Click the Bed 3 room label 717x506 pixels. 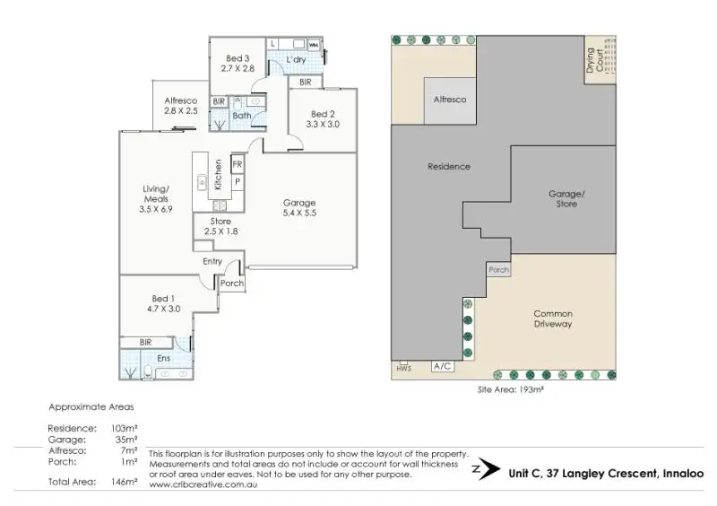coord(238,58)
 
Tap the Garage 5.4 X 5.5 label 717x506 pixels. coord(299,207)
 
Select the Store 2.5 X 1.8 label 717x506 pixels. coord(220,226)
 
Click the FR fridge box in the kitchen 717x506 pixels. coord(238,164)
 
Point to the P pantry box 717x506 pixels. coord(238,182)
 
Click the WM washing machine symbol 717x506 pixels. coord(313,45)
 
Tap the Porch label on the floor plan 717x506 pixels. coord(232,283)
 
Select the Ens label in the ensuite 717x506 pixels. coord(164,358)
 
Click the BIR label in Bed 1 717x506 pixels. coord(145,342)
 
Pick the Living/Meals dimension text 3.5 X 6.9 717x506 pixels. coord(156,209)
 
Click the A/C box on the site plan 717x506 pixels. coord(443,366)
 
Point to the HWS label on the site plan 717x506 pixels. coord(404,368)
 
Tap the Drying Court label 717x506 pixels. coord(594,60)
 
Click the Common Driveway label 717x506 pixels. coord(553,318)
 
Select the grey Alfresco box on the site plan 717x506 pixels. coord(450,100)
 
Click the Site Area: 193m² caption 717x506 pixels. coord(510,389)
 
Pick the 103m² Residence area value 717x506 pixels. coord(125,429)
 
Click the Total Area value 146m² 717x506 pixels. coord(125,482)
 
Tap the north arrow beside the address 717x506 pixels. coord(487,469)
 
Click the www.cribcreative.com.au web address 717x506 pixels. coord(203,484)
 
